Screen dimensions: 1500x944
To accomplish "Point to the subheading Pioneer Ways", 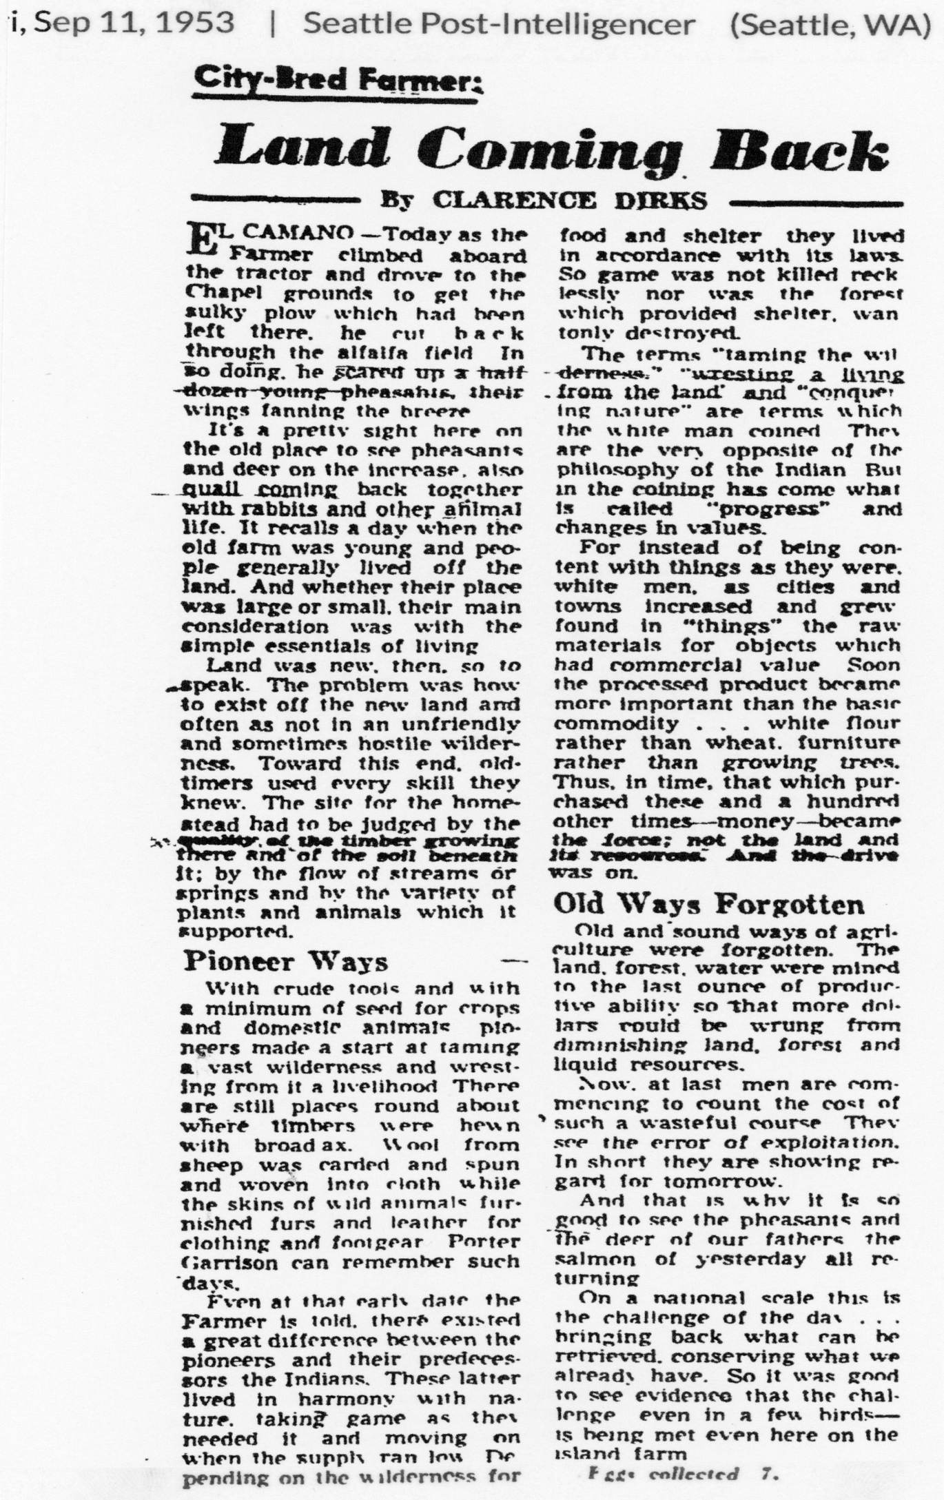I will [286, 961].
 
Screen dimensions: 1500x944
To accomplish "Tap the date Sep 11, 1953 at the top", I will [134, 23].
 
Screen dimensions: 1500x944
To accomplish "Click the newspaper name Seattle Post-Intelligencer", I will [499, 25].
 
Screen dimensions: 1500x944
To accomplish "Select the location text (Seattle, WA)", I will [830, 25].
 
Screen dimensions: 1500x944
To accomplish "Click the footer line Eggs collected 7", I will [682, 1475].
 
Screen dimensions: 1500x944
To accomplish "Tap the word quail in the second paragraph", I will [214, 490].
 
